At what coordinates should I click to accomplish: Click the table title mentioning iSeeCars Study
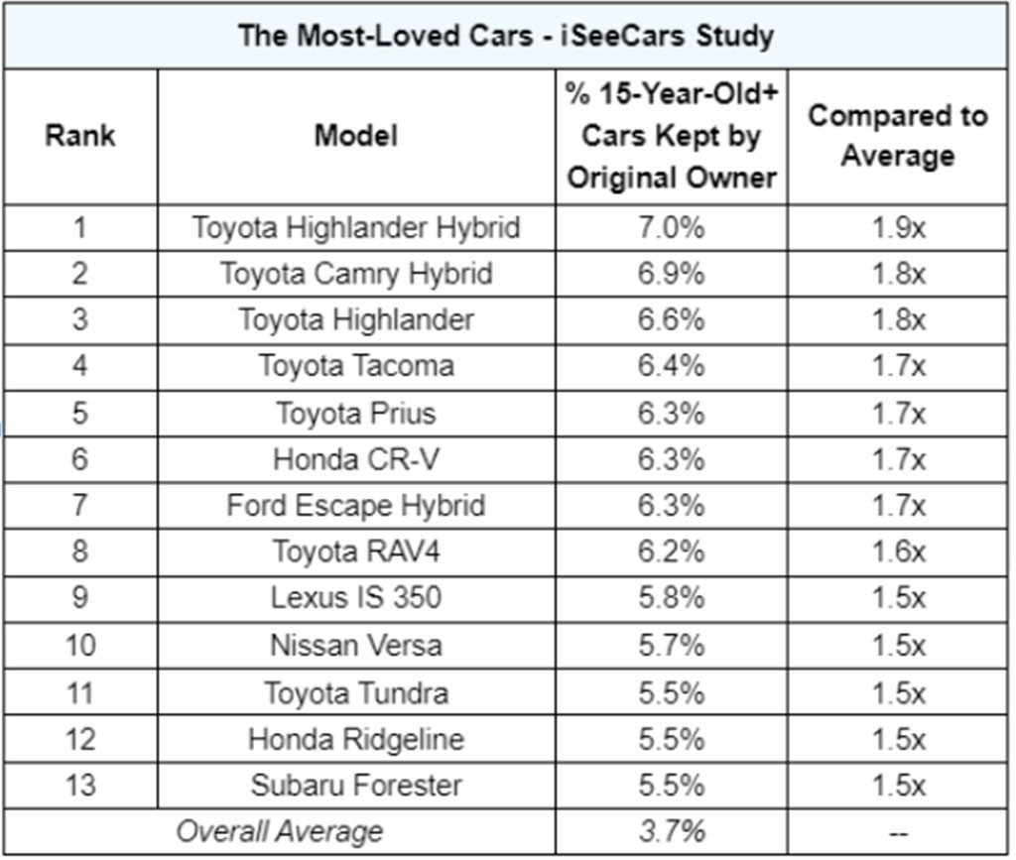coord(506,36)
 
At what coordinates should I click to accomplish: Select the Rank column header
coord(79,136)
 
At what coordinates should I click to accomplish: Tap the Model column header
coord(355,136)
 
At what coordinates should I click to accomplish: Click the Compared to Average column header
coord(897,136)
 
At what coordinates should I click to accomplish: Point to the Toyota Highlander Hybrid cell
coord(355,227)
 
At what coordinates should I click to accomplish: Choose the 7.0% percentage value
coord(671,227)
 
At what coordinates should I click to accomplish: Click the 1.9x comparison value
coord(897,227)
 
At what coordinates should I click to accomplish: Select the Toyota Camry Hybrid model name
coord(355,274)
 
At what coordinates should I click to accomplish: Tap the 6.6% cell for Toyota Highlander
coord(671,320)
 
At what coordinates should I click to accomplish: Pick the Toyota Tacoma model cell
coord(355,366)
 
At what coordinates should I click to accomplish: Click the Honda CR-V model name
coord(355,459)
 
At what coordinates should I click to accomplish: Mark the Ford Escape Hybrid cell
coord(355,506)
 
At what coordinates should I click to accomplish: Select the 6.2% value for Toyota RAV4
coord(671,553)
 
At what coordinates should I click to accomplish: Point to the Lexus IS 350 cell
coord(355,599)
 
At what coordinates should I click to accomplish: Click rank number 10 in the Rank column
coord(79,646)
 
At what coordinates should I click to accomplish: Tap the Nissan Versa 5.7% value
coord(671,646)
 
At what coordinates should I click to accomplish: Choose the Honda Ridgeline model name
coord(355,739)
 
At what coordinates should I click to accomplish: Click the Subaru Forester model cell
coord(355,786)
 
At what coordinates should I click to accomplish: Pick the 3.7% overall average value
coord(671,831)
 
